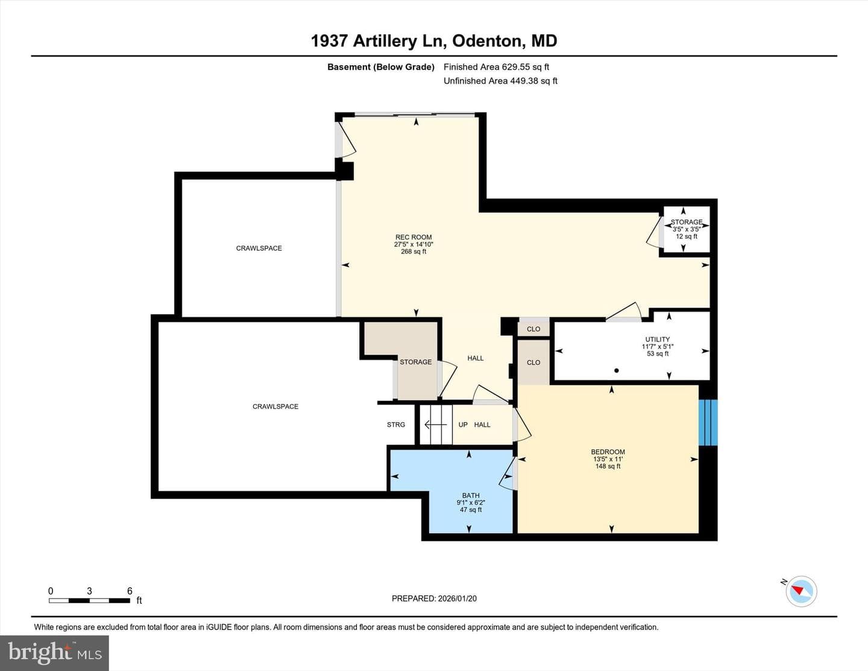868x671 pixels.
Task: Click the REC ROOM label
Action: [414, 238]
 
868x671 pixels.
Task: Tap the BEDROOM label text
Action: [608, 452]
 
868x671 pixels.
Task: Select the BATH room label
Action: [471, 496]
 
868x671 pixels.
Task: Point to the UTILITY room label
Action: [658, 339]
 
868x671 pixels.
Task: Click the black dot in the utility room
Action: [617, 371]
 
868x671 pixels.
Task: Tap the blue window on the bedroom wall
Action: [708, 423]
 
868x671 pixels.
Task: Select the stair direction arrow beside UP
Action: [435, 424]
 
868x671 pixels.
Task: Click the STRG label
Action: [396, 424]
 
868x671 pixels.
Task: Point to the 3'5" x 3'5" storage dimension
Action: [686, 229]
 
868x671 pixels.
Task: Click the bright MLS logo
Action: [55, 652]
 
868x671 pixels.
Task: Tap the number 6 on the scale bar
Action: [130, 591]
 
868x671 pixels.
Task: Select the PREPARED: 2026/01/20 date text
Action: [434, 598]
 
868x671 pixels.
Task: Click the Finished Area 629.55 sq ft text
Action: [497, 67]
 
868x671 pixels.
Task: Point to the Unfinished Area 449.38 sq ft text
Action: [500, 81]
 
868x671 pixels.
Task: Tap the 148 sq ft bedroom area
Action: [608, 466]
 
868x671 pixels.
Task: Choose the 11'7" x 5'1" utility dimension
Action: [658, 347]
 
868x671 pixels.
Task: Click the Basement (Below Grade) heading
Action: [381, 67]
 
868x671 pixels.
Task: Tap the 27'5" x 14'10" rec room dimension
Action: [414, 244]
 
